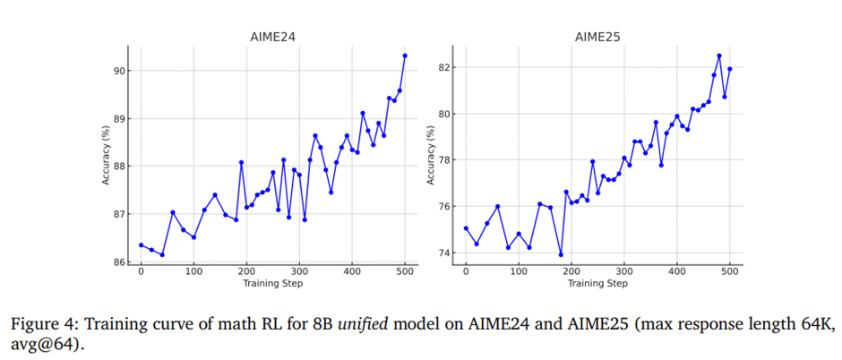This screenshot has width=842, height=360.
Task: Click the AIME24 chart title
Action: (x=272, y=38)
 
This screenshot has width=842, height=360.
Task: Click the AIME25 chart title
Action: (x=597, y=38)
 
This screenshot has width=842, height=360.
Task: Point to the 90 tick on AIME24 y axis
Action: (x=121, y=71)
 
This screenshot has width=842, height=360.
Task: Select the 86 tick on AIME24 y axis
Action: (x=121, y=262)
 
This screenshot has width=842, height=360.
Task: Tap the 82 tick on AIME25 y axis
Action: (x=446, y=67)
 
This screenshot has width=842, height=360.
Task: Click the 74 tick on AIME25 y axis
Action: (x=446, y=253)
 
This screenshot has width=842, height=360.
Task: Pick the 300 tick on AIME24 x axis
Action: (x=299, y=271)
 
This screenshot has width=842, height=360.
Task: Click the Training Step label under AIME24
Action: (x=272, y=284)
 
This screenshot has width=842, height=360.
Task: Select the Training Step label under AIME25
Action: (x=597, y=284)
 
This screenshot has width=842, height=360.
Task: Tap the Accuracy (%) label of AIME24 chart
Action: (x=106, y=157)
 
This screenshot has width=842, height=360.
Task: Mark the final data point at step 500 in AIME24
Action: (x=405, y=56)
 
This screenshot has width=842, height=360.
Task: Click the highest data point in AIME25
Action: (x=719, y=56)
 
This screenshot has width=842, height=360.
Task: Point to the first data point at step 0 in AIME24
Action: (x=141, y=244)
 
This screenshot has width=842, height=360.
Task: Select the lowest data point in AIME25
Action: (x=561, y=254)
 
